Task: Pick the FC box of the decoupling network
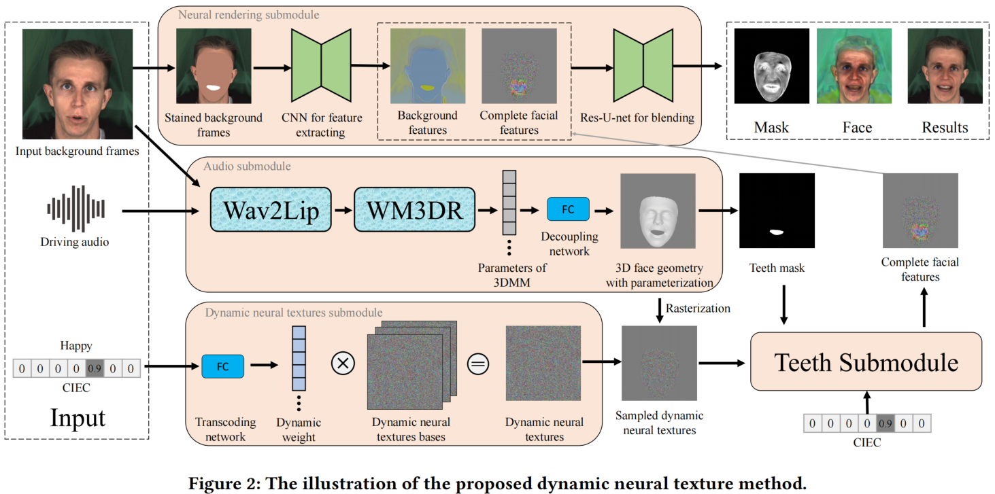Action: click(x=568, y=209)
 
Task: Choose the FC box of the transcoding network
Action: click(x=222, y=366)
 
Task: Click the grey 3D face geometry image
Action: click(x=658, y=211)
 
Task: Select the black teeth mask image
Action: click(x=776, y=211)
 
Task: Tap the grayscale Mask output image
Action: click(x=771, y=66)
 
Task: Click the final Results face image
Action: click(x=945, y=66)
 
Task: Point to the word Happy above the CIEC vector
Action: click(x=76, y=346)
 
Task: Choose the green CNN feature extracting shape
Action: click(x=321, y=65)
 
